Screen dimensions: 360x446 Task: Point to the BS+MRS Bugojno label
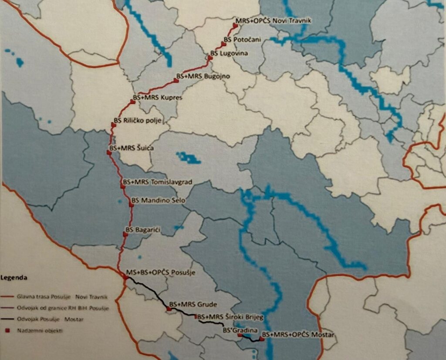coord(203,76)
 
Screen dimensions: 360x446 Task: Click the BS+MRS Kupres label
coord(158,98)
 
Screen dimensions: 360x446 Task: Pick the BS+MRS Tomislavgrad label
coord(158,181)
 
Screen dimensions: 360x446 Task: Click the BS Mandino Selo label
coord(158,201)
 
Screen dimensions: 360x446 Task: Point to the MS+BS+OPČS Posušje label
coord(160,273)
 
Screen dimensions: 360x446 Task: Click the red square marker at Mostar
coord(262,339)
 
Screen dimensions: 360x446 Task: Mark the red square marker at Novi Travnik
coord(235,26)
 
